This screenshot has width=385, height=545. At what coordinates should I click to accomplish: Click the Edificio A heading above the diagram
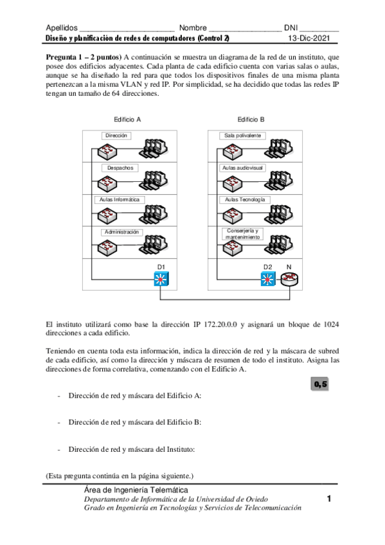[127, 120]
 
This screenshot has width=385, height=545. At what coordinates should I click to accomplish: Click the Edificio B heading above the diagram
[251, 120]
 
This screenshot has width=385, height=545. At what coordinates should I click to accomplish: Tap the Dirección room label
[117, 136]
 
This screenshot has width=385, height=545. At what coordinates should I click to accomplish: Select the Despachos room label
[120, 167]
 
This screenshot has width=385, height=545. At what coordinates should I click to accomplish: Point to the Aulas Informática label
[120, 199]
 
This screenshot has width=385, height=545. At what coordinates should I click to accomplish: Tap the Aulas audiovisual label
[243, 167]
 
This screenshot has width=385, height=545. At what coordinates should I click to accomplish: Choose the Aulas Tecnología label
[244, 199]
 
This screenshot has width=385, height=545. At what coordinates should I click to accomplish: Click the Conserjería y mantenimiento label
[242, 234]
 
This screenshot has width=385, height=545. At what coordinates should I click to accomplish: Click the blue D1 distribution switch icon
[161, 280]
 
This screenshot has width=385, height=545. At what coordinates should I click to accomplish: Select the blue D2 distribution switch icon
[267, 280]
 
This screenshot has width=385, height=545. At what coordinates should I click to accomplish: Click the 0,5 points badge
[320, 384]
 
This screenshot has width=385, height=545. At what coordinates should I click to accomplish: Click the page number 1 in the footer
[328, 499]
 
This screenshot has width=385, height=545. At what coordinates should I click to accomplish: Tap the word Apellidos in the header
[62, 28]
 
